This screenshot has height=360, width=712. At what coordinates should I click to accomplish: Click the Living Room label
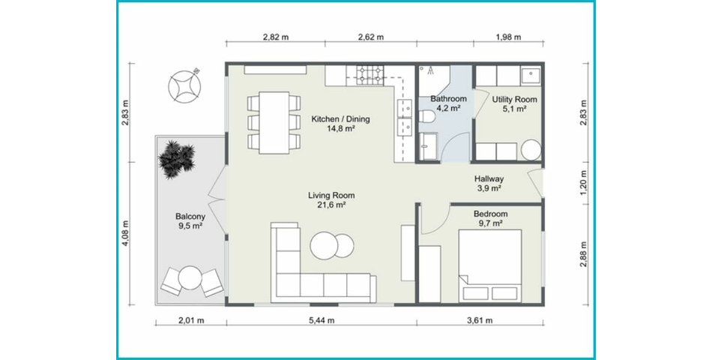click(331, 196)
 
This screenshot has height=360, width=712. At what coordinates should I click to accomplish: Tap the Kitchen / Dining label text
click(340, 119)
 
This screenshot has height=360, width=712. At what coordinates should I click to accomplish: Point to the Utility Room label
click(514, 99)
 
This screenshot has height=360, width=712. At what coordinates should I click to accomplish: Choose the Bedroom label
click(490, 214)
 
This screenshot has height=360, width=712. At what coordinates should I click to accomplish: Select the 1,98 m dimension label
click(508, 37)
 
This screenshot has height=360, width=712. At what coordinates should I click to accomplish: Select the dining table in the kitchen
click(274, 122)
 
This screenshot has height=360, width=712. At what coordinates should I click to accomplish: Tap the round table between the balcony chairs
click(191, 277)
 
